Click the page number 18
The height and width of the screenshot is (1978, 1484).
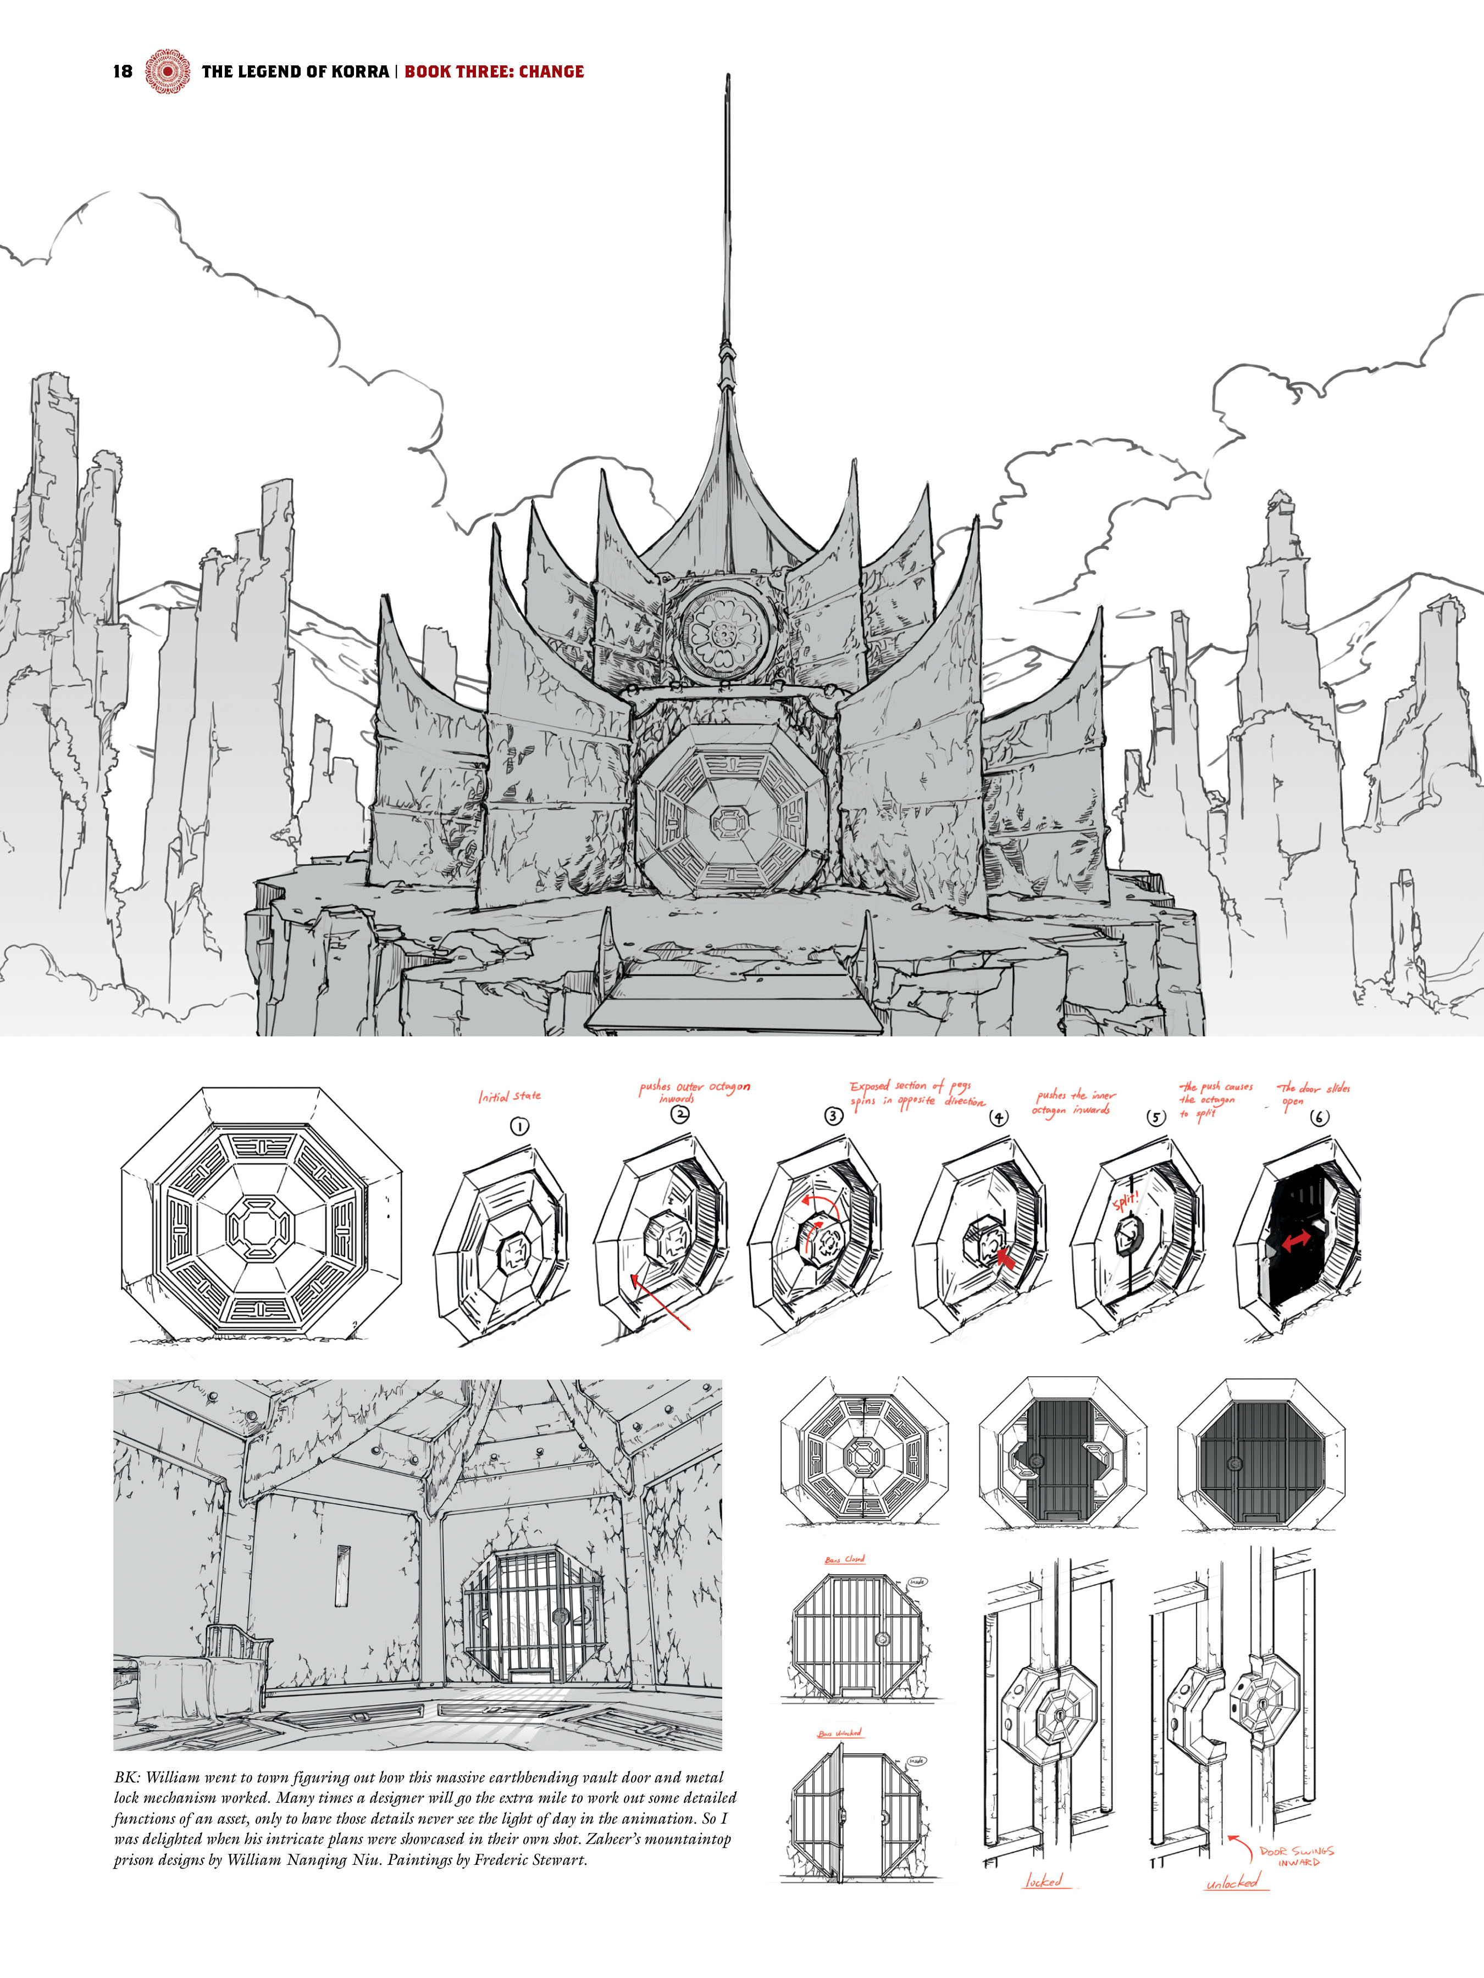123,71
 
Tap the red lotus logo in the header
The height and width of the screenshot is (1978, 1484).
167,71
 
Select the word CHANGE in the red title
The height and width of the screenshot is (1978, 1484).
551,71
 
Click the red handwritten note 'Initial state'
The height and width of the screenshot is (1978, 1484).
509,1096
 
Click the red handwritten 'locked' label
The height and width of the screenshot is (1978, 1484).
1043,1881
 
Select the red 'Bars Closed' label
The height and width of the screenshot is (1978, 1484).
844,1559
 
